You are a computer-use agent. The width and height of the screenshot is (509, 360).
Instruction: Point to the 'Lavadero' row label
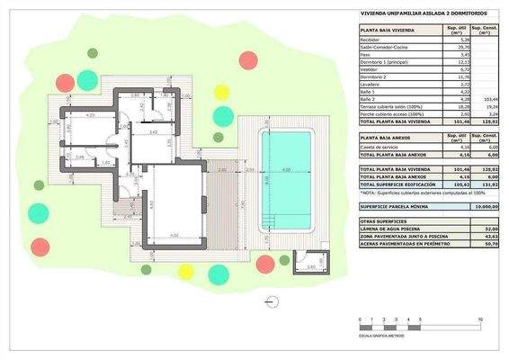click(370, 84)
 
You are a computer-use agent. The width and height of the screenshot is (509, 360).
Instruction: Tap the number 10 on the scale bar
click(482, 319)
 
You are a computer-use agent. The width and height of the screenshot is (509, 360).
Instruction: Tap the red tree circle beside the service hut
click(264, 264)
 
